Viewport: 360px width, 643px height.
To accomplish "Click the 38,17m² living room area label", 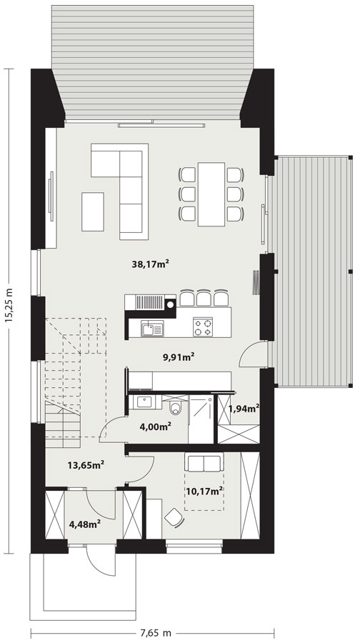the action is pyautogui.click(x=151, y=264).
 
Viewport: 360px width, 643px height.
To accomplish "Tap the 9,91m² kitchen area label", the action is pyautogui.click(x=179, y=357).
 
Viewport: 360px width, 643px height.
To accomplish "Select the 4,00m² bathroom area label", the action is pyautogui.click(x=156, y=427).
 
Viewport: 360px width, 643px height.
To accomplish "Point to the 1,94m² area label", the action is pyautogui.click(x=244, y=409).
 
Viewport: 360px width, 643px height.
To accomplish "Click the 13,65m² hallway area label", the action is pyautogui.click(x=86, y=464).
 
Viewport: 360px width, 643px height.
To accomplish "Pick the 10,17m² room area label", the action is pyautogui.click(x=204, y=490).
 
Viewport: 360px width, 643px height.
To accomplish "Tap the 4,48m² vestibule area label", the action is pyautogui.click(x=86, y=524).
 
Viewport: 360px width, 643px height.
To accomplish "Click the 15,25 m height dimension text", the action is pyautogui.click(x=9, y=304).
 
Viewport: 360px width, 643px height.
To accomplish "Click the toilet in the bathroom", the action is pyautogui.click(x=176, y=406).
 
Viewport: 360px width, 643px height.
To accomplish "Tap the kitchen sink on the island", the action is pyautogui.click(x=152, y=329).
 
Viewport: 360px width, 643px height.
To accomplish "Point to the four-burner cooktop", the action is pyautogui.click(x=203, y=327).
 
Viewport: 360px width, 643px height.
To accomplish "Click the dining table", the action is pyautogui.click(x=211, y=194).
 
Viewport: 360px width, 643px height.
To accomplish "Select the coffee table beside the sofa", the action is pyautogui.click(x=93, y=211).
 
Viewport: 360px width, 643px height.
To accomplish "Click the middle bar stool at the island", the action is pyautogui.click(x=204, y=298).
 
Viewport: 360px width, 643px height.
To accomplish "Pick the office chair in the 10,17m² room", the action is pyautogui.click(x=174, y=517).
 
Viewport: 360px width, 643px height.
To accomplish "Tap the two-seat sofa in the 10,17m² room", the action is pyautogui.click(x=204, y=462).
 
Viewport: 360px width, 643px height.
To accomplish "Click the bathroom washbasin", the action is pyautogui.click(x=144, y=402).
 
